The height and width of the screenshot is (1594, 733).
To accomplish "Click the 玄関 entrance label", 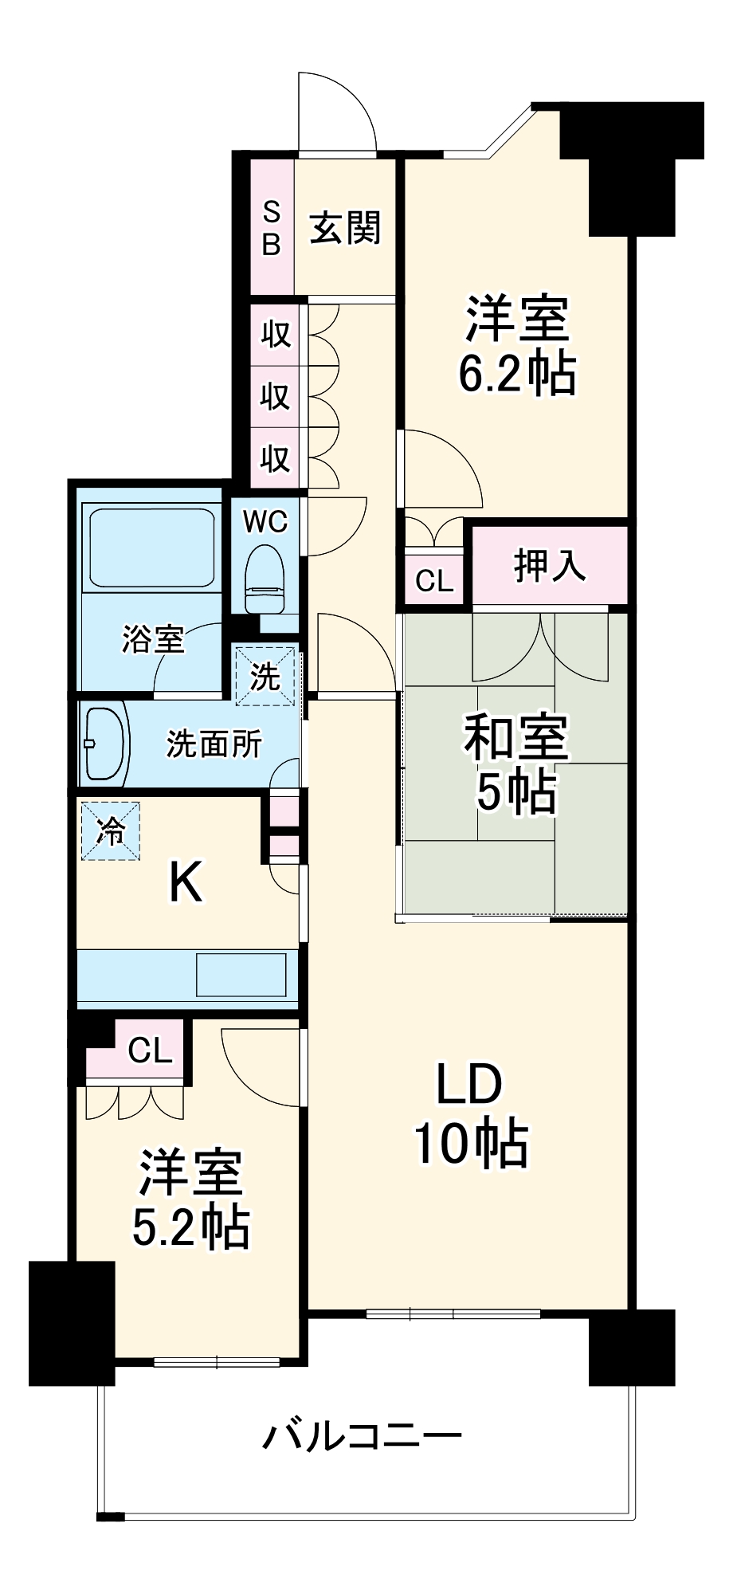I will coord(345,228).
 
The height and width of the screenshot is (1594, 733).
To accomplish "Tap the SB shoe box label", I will coord(272,228).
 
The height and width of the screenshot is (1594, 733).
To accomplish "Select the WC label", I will coord(265,522).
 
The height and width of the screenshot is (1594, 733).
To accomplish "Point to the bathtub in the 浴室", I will coord(151,548).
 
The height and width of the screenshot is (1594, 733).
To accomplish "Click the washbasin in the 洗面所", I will coord(105,744).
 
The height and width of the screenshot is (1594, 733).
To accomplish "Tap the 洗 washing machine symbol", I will coord(265,677).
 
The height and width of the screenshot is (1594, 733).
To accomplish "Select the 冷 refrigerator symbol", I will coord(111,830).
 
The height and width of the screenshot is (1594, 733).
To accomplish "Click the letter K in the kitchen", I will coord(186,883).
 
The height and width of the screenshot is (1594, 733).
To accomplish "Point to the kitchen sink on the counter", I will coord(241,974).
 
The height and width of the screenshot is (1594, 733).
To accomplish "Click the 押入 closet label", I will coord(550,565).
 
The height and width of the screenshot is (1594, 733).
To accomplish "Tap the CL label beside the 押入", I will coord(434,580).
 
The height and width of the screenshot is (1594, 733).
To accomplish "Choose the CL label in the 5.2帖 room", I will coord(150,1050).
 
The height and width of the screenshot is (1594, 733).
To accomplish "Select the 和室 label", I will coord(516,736).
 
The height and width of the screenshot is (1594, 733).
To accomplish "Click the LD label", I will coord(468,1084).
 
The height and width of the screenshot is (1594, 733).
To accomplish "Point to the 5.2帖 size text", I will coord(190,1227).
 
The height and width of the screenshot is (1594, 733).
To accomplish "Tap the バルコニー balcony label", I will coord(363,1437).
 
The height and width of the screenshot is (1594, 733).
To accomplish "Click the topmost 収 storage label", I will coord(276,334).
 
